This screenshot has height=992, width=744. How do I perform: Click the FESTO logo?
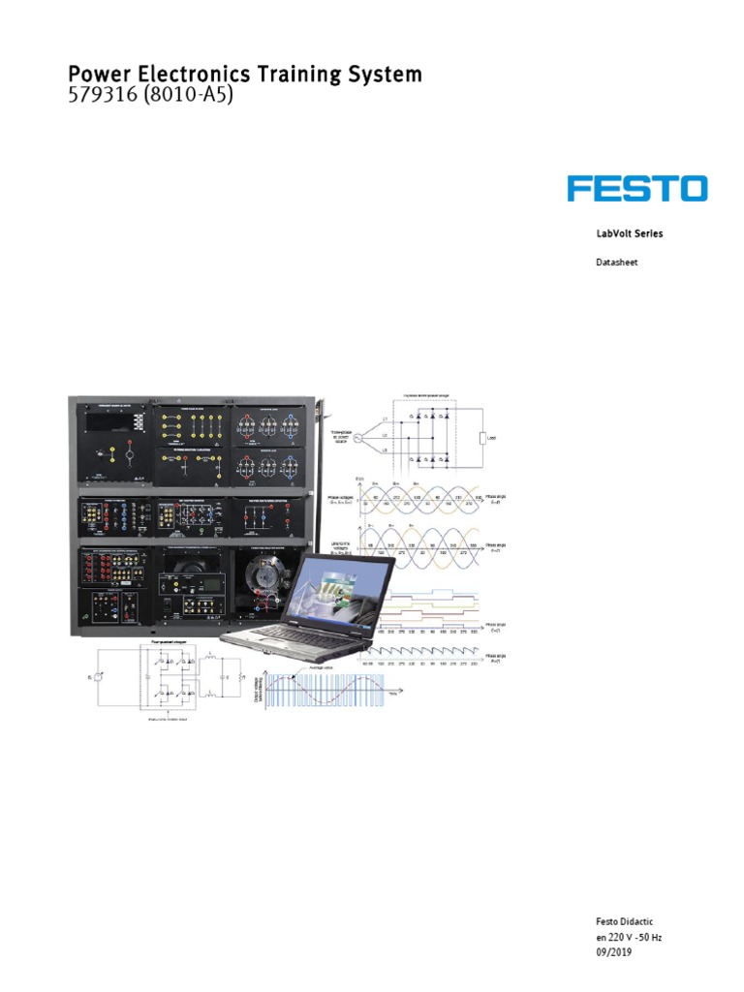(637, 188)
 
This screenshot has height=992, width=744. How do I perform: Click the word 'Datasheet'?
(616, 262)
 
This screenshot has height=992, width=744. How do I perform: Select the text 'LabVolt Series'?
(629, 233)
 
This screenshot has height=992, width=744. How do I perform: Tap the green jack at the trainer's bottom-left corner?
(94, 617)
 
